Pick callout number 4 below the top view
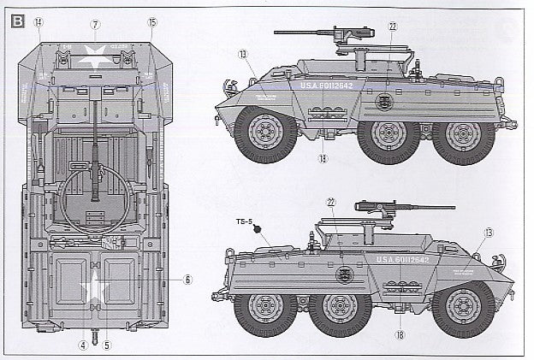[84, 345]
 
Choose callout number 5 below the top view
[107, 345]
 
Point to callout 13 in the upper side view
[243, 54]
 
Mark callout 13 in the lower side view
[487, 233]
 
